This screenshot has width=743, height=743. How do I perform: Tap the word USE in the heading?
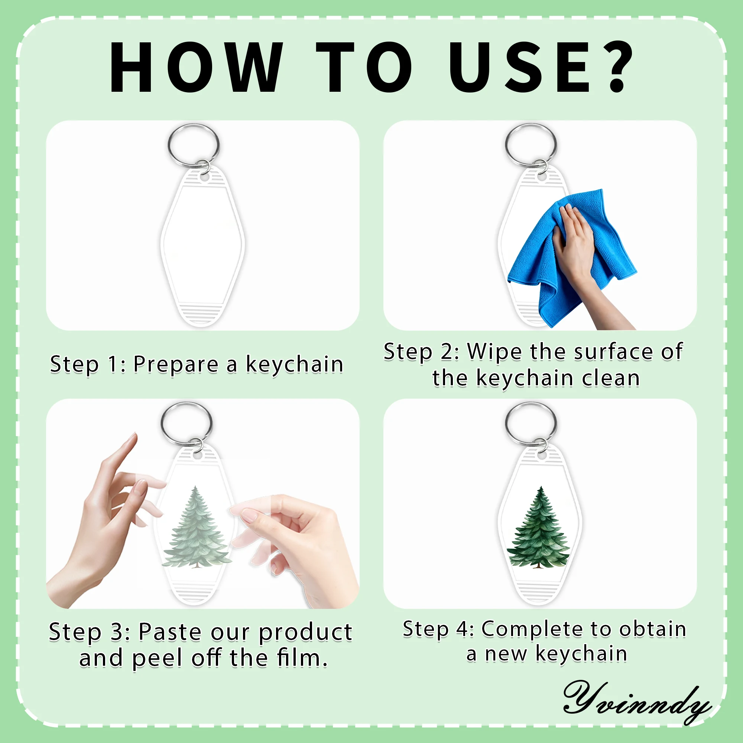(x=520, y=67)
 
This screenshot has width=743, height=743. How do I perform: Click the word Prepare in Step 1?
(x=176, y=364)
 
